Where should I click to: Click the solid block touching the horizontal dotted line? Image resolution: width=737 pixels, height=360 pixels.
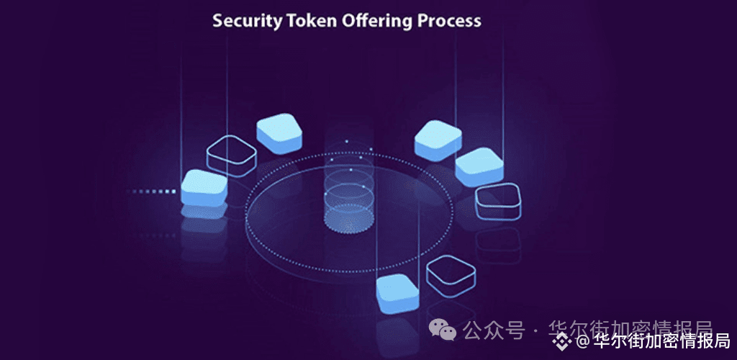pos(204,188)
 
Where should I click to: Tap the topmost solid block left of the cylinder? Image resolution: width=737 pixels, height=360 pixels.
pos(279,132)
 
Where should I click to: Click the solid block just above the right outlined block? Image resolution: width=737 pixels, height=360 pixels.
pos(479,167)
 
